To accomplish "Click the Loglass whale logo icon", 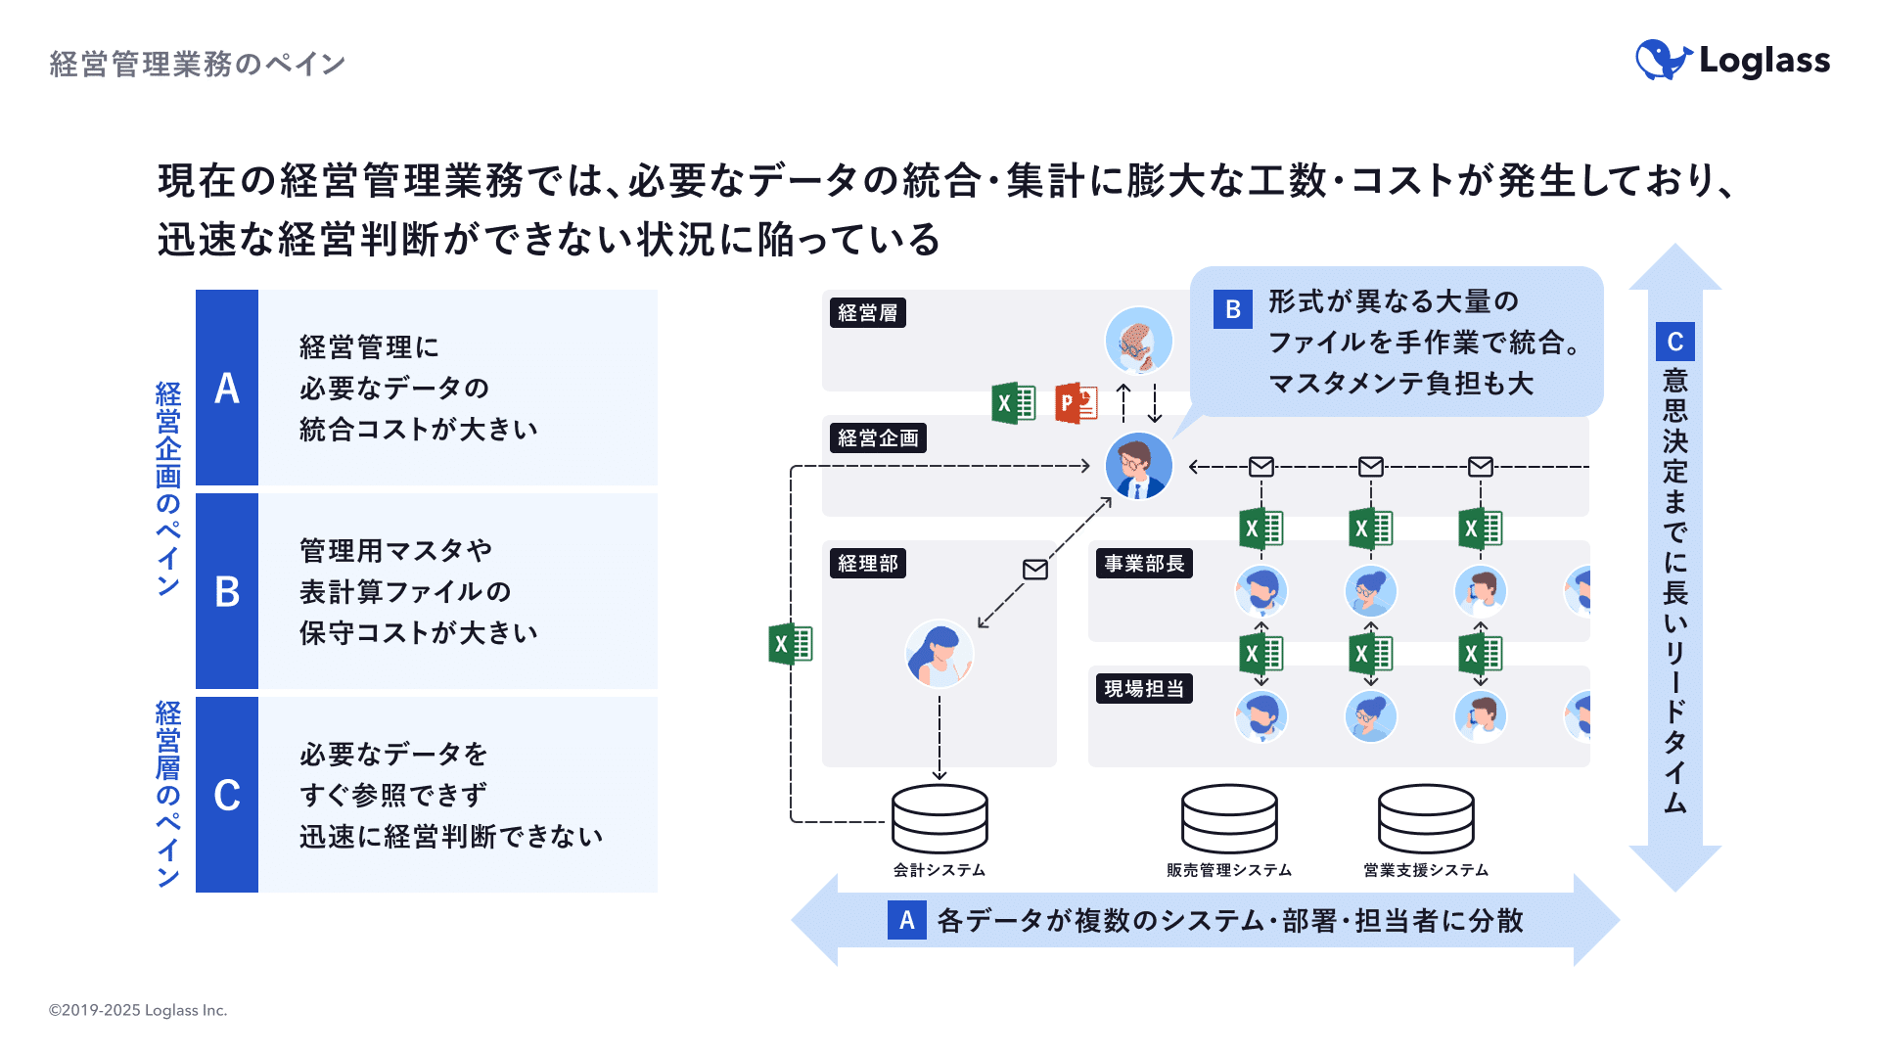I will (1663, 60).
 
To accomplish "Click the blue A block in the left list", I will (227, 388).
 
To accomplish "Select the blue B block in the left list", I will (227, 591).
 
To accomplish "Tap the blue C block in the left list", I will (227, 795).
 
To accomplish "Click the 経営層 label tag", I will (867, 313).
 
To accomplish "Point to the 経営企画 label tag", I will (878, 438).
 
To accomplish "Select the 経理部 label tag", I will (867, 564).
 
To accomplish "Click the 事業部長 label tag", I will (1144, 564).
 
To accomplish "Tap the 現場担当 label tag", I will (1144, 689).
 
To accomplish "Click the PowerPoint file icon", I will (1077, 403).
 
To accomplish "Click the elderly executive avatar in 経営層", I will (1138, 341).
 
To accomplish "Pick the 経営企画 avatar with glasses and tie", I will (1138, 466).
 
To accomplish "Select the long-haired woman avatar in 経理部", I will (939, 654).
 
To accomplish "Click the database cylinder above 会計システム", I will (939, 818).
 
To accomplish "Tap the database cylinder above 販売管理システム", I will (1229, 818).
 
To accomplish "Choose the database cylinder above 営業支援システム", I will (1426, 818).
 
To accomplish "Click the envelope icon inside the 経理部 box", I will (1035, 570).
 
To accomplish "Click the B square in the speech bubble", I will (1232, 309).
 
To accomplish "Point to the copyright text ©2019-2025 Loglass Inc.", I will (138, 1010).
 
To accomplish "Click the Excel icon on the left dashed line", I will (791, 644).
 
